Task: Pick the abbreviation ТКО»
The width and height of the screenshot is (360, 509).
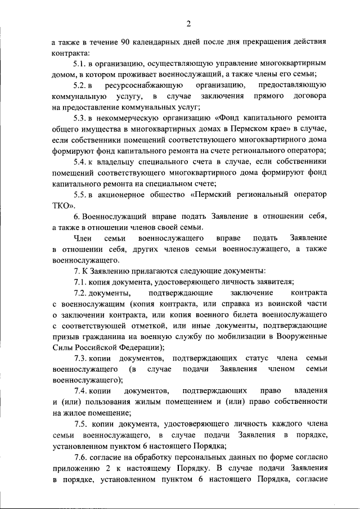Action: [x=63, y=205]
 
